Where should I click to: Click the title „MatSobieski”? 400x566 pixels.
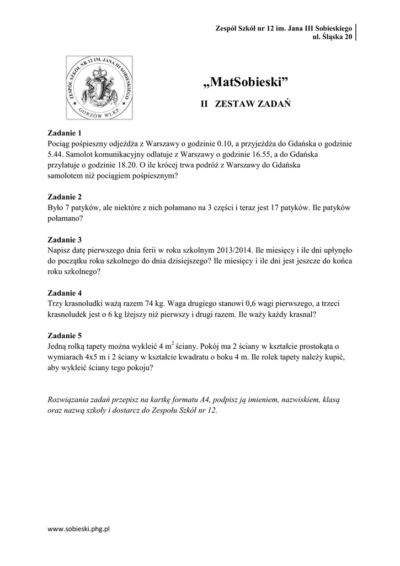[x=247, y=83]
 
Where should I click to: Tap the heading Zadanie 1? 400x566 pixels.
[x=65, y=133]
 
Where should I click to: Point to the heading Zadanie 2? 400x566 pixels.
[x=65, y=197]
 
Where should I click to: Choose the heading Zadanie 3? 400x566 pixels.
[x=65, y=240]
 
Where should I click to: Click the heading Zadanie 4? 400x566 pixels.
[x=65, y=293]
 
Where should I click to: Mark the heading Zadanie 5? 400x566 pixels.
[x=65, y=336]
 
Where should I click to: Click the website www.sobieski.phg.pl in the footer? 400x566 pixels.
[x=79, y=529]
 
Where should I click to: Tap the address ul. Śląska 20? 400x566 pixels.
[x=332, y=37]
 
